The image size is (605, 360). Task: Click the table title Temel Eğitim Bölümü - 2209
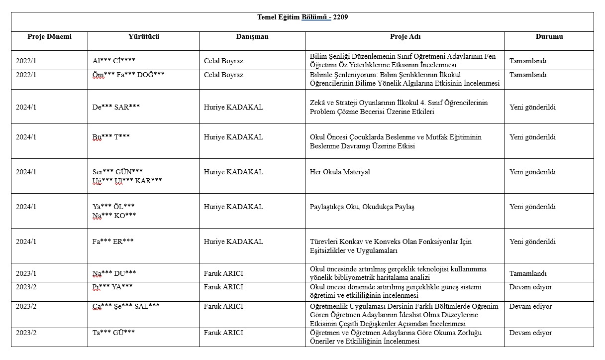click(302, 17)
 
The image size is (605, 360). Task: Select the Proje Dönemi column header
click(49, 36)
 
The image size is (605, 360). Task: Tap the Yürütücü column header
click(143, 36)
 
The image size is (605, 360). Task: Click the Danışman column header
click(252, 36)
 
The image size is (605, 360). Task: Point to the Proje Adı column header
click(405, 36)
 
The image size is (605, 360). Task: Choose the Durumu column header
click(549, 36)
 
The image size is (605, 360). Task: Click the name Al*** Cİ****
click(114, 61)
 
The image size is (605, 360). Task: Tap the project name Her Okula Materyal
click(340, 172)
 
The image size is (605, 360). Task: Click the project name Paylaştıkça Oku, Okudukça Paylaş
click(362, 207)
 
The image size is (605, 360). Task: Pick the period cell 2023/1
click(26, 273)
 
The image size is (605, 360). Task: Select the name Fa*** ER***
click(113, 241)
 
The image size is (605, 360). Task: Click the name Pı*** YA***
click(112, 287)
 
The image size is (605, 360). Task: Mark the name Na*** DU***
click(114, 273)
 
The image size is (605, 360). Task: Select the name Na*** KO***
click(114, 215)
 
